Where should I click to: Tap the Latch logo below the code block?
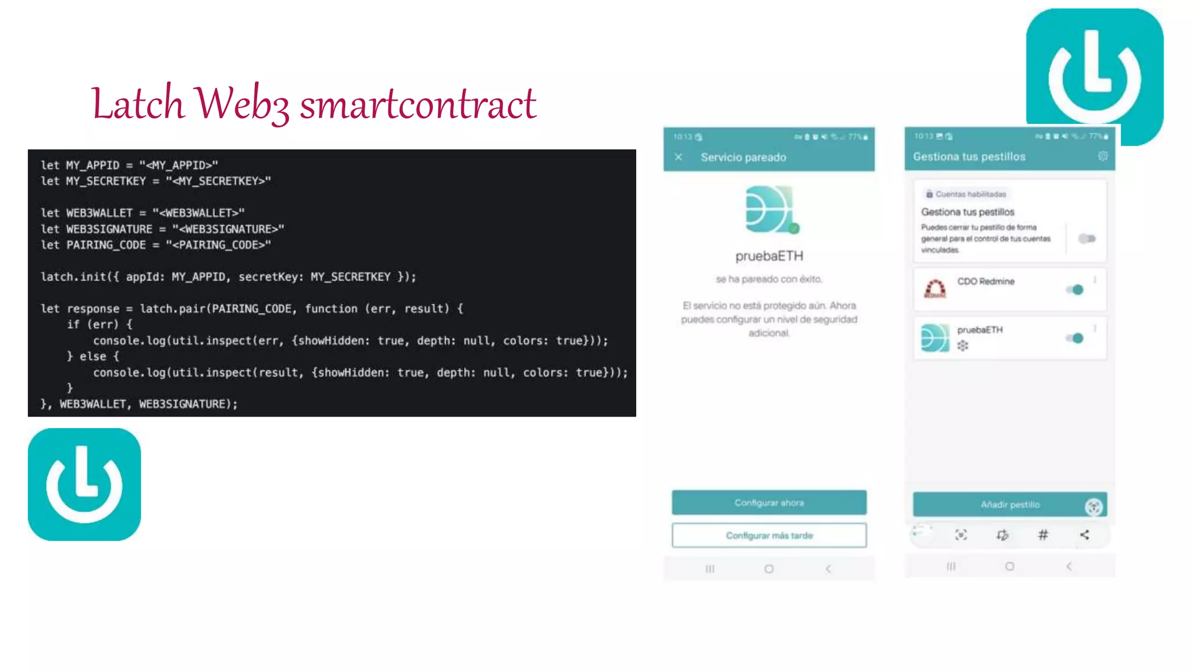click(84, 484)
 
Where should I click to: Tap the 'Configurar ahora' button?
click(769, 502)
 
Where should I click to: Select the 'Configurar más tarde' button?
click(769, 535)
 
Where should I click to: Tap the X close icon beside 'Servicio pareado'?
click(679, 157)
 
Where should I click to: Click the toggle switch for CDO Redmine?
click(1075, 290)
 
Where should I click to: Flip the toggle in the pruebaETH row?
click(1075, 338)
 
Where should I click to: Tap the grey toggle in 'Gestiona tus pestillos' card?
click(1086, 238)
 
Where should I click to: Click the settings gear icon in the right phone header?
click(1102, 156)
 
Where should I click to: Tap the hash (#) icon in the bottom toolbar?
click(1043, 534)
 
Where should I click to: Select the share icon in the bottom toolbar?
click(1084, 534)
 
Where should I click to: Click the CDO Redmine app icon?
click(935, 288)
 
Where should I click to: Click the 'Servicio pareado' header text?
click(743, 157)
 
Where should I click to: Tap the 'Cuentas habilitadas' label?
click(970, 194)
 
